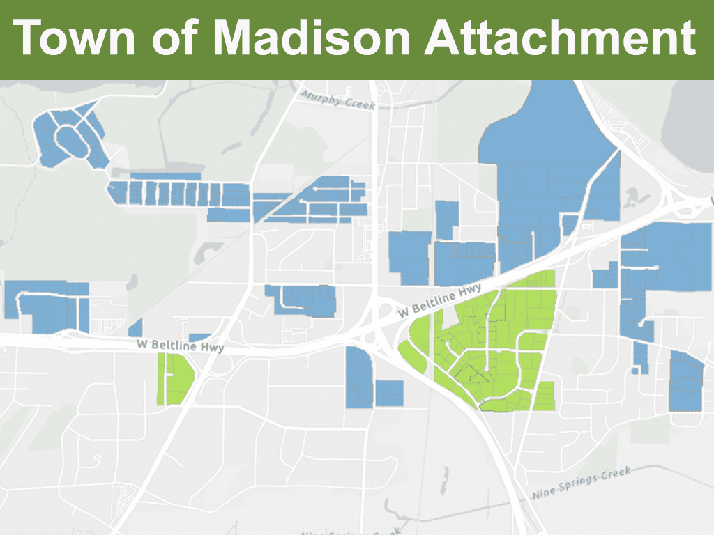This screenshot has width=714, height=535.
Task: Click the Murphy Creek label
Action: [338, 100]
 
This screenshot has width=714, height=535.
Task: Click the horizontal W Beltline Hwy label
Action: [179, 344]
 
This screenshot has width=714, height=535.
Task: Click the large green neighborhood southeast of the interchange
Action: [488, 341]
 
